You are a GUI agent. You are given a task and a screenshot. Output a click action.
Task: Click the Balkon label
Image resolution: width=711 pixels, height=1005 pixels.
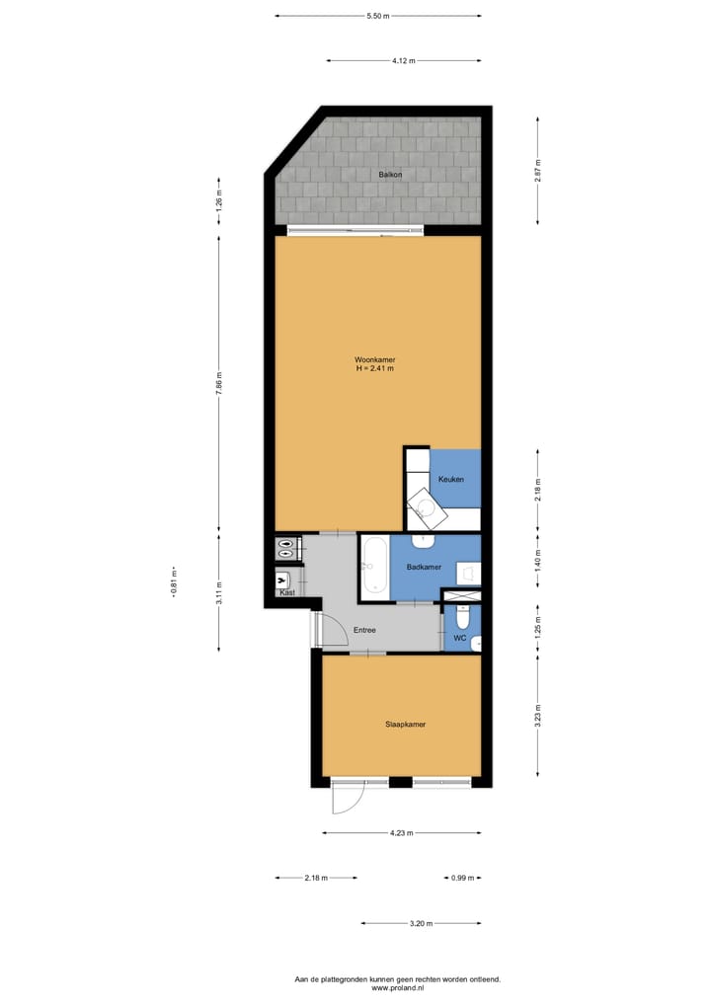click(389, 175)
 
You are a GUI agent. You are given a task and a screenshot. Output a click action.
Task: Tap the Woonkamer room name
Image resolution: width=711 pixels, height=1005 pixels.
click(375, 358)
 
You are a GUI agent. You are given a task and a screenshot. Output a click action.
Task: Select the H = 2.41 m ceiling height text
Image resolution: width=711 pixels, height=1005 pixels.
click(375, 368)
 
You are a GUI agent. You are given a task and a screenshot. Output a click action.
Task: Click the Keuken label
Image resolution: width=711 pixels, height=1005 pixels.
click(451, 479)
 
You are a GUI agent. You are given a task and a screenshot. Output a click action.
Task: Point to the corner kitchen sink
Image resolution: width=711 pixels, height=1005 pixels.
click(428, 508)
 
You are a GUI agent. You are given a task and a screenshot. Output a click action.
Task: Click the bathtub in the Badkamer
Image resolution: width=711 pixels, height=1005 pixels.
click(374, 567)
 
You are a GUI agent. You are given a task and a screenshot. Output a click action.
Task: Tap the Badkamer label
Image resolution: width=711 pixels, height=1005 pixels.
click(423, 568)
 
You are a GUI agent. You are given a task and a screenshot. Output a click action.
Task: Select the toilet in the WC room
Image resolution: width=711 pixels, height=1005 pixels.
click(463, 618)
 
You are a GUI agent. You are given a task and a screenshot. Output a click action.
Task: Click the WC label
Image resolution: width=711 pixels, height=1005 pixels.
click(459, 639)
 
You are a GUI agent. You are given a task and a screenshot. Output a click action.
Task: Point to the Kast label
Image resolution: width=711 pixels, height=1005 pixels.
click(287, 592)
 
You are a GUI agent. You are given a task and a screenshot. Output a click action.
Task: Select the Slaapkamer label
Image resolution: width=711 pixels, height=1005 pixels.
click(406, 724)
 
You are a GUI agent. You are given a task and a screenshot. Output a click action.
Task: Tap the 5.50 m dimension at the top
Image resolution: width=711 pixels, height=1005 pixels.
click(377, 17)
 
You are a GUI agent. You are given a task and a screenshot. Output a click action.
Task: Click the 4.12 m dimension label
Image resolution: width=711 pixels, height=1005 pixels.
click(403, 60)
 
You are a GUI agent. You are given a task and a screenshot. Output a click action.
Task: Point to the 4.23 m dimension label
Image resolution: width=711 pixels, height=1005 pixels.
click(401, 833)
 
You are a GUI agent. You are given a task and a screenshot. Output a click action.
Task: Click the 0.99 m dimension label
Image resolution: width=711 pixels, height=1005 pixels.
click(463, 878)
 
